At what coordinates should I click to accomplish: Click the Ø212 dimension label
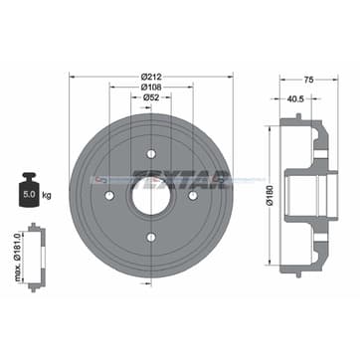tap(152, 76)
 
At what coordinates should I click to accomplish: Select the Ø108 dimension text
tap(152, 87)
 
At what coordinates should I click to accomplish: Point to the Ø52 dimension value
tap(152, 97)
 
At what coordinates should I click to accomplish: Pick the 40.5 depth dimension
tap(295, 99)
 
